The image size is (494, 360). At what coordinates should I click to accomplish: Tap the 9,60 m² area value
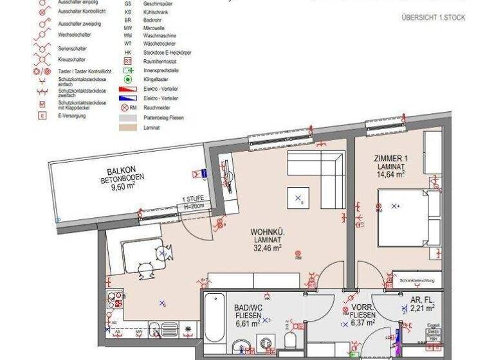click(122, 188)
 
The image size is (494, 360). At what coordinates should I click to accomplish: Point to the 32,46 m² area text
click(268, 247)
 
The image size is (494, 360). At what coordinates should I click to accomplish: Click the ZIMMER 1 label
click(390, 158)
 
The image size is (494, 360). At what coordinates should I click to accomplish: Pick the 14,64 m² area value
click(390, 174)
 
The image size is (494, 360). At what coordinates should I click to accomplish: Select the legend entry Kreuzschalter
click(72, 59)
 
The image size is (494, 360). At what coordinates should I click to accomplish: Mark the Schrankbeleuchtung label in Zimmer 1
click(417, 281)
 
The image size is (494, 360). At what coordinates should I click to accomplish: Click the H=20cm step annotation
click(193, 206)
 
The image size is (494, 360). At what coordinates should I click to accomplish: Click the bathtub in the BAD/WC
click(214, 317)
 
